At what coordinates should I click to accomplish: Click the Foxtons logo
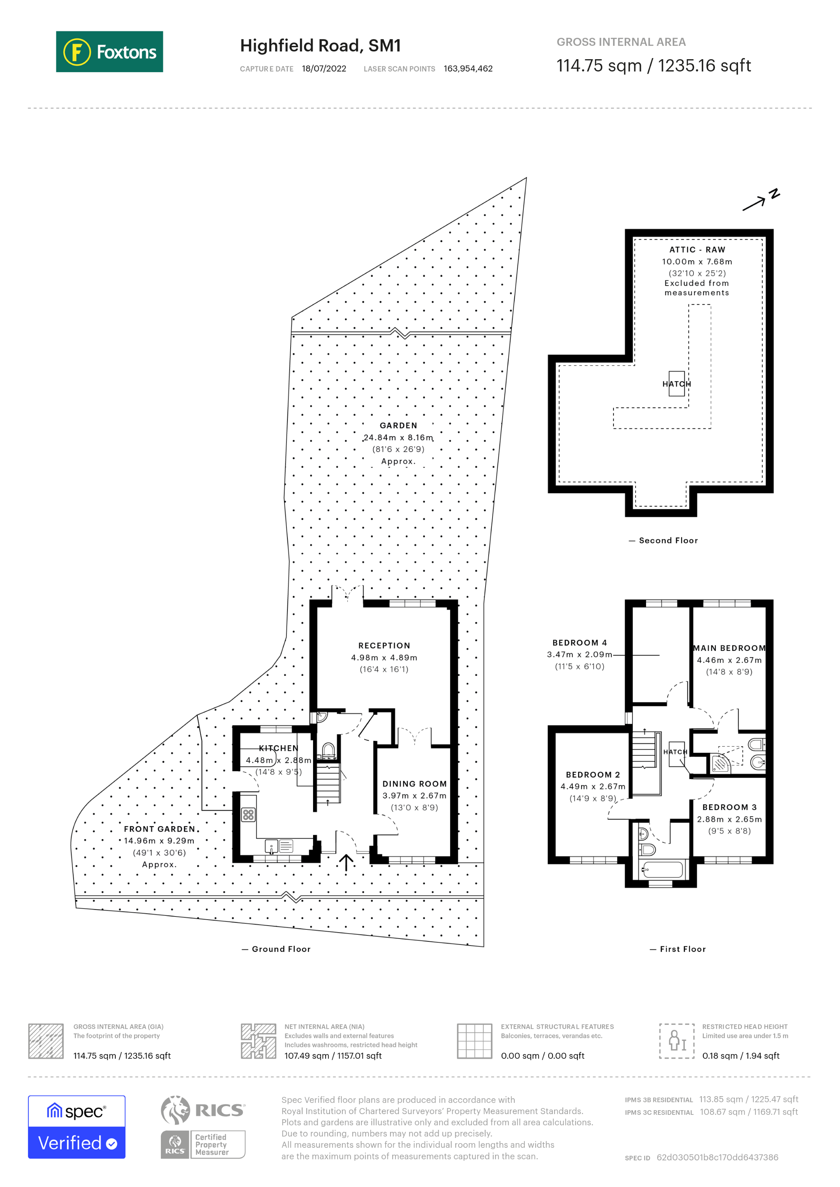click(x=109, y=52)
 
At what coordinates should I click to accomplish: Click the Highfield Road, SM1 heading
click(x=320, y=45)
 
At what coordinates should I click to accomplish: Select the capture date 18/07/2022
click(x=324, y=69)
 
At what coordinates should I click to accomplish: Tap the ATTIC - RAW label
click(x=697, y=250)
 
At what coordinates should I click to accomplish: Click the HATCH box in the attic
click(x=676, y=383)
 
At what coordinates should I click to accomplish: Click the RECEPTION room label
click(x=384, y=646)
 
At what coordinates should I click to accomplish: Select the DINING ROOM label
click(x=414, y=784)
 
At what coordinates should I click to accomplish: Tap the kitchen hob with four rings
click(x=248, y=815)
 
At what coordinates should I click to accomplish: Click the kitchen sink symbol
click(x=271, y=846)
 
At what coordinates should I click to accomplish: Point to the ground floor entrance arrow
click(x=346, y=862)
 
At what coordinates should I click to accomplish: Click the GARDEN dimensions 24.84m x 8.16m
click(x=398, y=437)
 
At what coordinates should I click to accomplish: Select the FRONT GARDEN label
click(x=159, y=829)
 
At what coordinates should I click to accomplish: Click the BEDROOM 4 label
click(x=579, y=643)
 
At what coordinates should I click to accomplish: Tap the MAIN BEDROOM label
click(x=729, y=648)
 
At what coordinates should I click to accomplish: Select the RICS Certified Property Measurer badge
click(x=203, y=1145)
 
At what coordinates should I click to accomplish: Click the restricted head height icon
click(x=677, y=1041)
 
